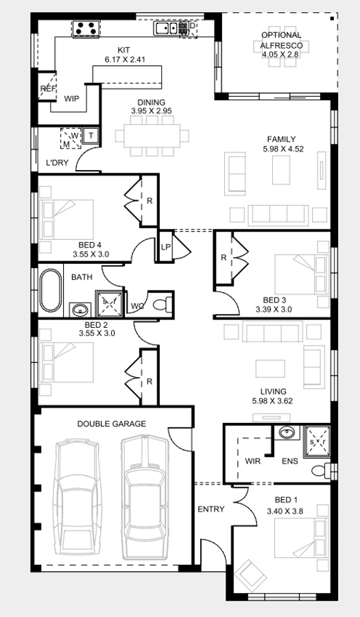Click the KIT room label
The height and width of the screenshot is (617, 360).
123,50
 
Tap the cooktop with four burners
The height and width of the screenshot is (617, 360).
86,29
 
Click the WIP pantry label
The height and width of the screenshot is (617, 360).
72,99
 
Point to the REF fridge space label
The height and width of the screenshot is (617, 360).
47,89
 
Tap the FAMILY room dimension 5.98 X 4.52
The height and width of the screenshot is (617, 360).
281,149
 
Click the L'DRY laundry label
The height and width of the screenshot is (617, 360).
56,163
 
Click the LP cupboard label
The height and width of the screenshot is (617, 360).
165,247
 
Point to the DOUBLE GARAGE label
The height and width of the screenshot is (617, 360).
111,424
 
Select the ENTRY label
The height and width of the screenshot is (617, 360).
211,509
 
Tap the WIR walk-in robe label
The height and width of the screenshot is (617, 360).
253,461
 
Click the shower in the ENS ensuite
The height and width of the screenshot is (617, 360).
317,437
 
